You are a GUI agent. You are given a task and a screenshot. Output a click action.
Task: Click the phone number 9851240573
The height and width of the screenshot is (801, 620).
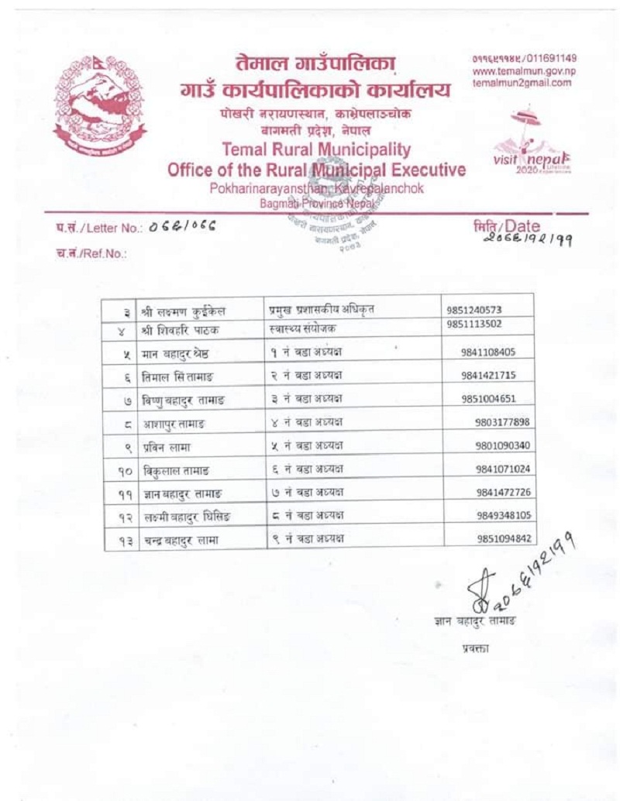coord(474,310)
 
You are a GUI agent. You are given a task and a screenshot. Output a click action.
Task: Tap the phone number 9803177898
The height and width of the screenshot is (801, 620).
coord(502,422)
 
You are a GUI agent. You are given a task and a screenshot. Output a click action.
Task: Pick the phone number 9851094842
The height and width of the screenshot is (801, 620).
coord(504,538)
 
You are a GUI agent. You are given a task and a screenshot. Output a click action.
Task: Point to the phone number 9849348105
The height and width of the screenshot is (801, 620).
coord(504,515)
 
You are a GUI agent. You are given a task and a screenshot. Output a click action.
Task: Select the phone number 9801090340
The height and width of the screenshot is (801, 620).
coord(503,445)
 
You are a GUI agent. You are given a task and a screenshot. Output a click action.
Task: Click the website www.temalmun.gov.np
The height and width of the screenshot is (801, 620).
coord(524,71)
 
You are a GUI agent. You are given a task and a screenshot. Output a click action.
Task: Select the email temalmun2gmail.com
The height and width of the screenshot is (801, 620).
coord(522,83)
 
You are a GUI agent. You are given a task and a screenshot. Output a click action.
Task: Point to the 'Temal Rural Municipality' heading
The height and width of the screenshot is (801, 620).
coord(316,149)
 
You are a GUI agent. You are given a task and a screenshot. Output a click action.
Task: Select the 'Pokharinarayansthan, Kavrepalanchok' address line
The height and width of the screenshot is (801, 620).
coord(316,188)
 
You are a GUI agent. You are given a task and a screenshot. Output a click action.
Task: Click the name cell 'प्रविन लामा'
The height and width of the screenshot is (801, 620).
coord(166,447)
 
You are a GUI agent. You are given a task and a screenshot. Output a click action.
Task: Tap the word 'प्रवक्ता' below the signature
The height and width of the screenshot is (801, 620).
coord(474,648)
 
